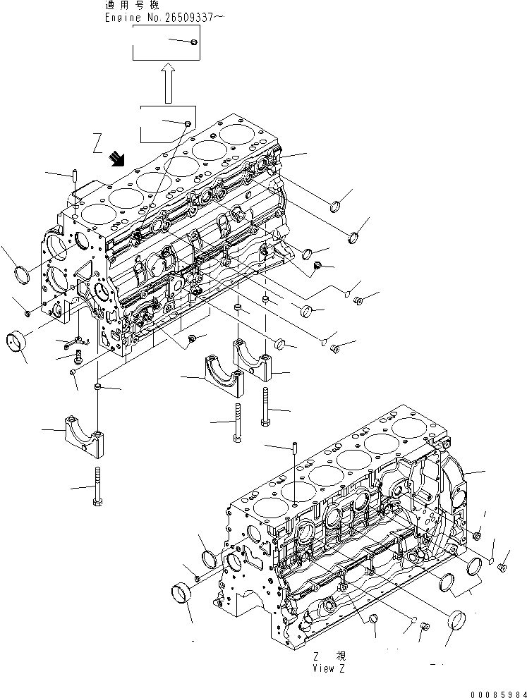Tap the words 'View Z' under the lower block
pyautogui.click(x=329, y=668)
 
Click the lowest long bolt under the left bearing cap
pyautogui.click(x=97, y=486)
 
